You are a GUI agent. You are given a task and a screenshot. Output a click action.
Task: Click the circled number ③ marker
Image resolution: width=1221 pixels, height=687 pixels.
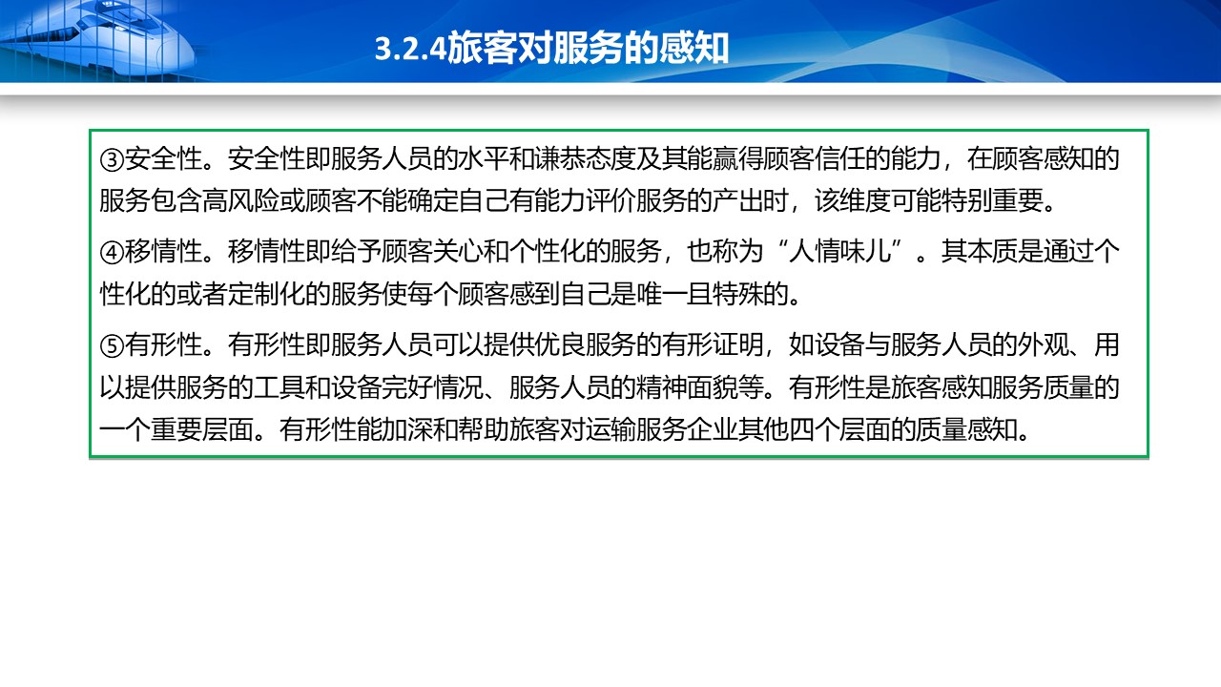pos(112,159)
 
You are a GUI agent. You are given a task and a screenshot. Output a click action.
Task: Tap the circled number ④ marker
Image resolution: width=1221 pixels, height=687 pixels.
pos(112,253)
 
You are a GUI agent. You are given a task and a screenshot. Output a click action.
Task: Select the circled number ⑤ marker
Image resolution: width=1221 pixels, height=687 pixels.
pos(112,345)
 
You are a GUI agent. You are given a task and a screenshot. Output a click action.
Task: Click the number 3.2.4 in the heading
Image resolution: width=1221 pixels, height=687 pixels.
pos(410,49)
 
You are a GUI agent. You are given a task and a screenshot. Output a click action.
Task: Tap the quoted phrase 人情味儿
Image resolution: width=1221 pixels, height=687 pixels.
pos(840,252)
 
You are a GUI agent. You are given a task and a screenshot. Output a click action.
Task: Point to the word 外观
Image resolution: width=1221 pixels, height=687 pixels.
pos(1044,345)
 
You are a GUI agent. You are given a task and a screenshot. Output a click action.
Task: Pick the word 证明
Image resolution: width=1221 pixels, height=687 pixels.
pos(738,345)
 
